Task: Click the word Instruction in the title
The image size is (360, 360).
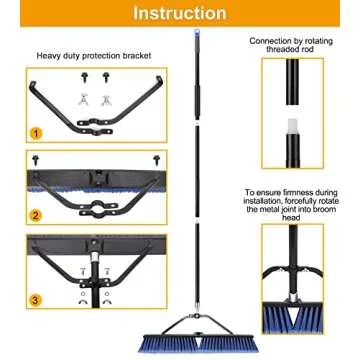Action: [x=180, y=13]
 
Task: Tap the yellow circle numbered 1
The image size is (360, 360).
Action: [x=35, y=131]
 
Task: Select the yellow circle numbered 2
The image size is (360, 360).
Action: [x=35, y=214]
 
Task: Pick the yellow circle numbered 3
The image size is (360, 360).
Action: [x=35, y=299]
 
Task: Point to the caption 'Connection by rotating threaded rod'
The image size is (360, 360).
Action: [x=292, y=46]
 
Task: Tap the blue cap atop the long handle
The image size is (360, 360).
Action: [x=196, y=34]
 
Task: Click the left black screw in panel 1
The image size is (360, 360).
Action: [x=85, y=76]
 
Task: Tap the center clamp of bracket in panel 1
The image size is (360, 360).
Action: [x=96, y=129]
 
